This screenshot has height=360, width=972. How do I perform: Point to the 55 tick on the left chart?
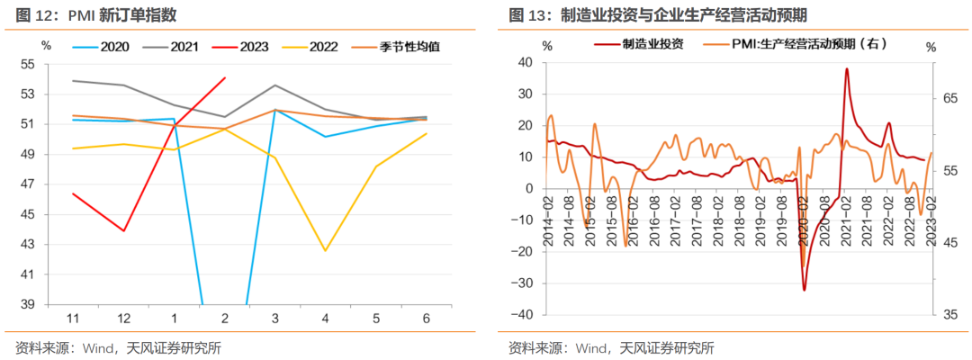click(x=51, y=64)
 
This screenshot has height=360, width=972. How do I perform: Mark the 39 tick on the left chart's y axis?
click(x=51, y=305)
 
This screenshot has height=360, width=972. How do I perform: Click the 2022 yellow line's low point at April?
click(x=324, y=250)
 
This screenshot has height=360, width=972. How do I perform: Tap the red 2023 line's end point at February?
click(x=223, y=77)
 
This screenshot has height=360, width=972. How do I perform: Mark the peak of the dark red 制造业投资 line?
click(x=847, y=69)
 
